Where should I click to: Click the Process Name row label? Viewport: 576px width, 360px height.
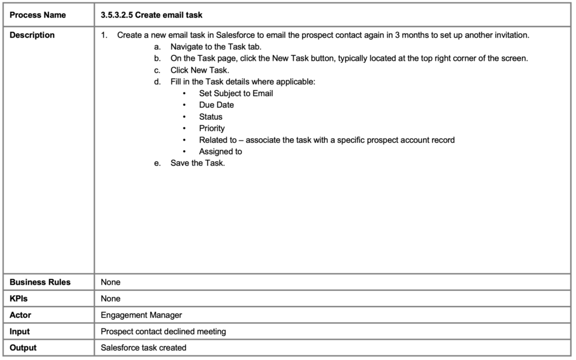point(38,15)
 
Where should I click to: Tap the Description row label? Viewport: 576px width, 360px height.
point(32,35)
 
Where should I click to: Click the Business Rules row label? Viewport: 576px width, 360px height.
point(40,282)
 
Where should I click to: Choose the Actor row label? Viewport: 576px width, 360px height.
point(20,315)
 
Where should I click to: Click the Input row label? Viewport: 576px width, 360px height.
point(20,331)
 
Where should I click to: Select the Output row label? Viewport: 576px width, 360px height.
point(23,348)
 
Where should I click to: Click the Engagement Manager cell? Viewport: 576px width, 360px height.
point(141,315)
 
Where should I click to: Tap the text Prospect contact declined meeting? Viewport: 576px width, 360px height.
point(163,331)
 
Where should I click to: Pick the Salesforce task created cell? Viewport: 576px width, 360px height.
point(143,348)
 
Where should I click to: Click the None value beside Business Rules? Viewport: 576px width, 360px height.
point(110,282)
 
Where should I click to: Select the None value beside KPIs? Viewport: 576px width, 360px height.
point(110,298)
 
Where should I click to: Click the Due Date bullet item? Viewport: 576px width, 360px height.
point(217,105)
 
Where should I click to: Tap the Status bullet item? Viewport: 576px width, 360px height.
point(210,116)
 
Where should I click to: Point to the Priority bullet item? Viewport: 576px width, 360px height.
point(211,128)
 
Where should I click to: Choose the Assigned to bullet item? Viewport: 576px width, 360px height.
point(220,151)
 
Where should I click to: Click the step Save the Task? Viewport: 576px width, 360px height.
point(197,163)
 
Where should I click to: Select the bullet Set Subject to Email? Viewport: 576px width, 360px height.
point(236,93)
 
